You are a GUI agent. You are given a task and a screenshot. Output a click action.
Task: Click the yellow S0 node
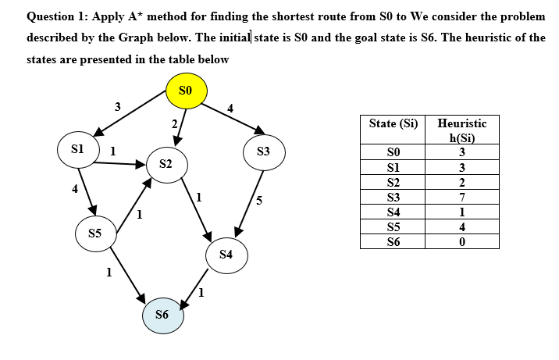187,91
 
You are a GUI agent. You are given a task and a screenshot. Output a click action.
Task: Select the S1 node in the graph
78,150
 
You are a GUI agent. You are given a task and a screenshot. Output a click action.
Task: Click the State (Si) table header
393,124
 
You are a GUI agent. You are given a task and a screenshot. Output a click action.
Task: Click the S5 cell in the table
393,227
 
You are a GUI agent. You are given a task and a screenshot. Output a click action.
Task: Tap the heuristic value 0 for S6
462,242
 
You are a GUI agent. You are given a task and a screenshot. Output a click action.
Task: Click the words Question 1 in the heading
57,16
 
